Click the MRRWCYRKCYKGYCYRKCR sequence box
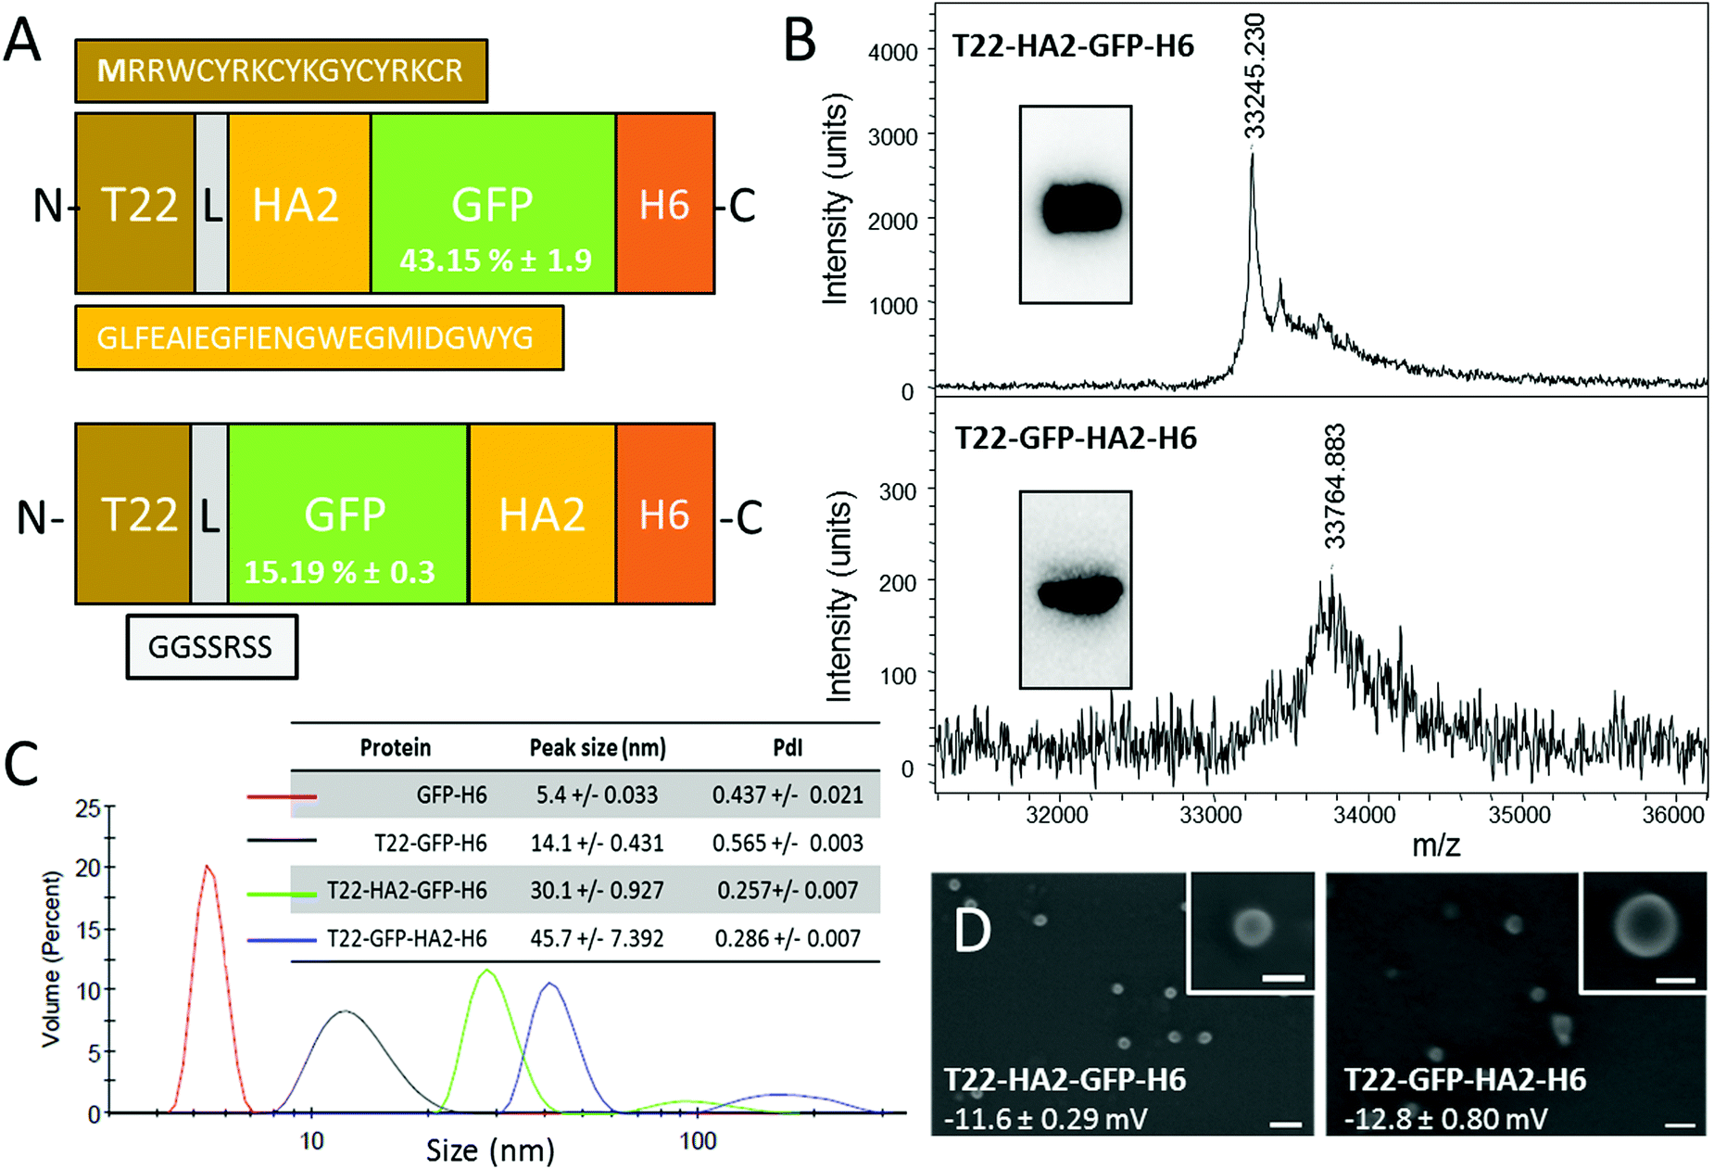[x=281, y=70]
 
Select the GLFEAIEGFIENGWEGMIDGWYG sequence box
[x=318, y=337]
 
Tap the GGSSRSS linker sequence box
[x=211, y=646]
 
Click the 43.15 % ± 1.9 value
[x=495, y=260]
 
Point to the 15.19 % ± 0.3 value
[x=339, y=572]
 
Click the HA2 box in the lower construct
[x=542, y=515]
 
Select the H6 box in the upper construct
[x=664, y=204]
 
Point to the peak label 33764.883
[x=1334, y=487]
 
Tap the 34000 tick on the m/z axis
[x=1364, y=815]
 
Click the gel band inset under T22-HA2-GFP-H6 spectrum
[x=1076, y=205]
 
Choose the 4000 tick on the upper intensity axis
[x=893, y=52]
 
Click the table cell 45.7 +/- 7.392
[x=597, y=938]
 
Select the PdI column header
[x=788, y=747]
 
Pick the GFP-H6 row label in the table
[x=451, y=794]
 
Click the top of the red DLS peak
[x=208, y=867]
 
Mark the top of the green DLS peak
[x=487, y=971]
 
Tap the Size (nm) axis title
[x=490, y=1150]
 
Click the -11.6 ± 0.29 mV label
[x=1045, y=1118]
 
